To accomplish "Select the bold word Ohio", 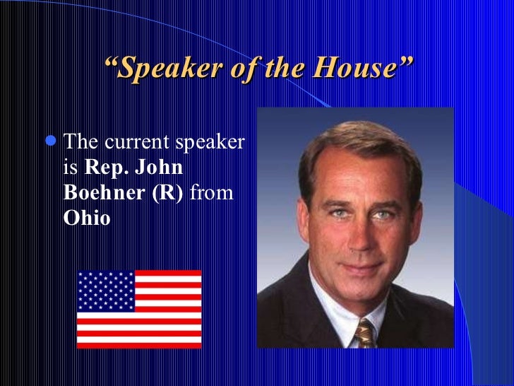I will click(87, 217).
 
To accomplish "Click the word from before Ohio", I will click(212, 192).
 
